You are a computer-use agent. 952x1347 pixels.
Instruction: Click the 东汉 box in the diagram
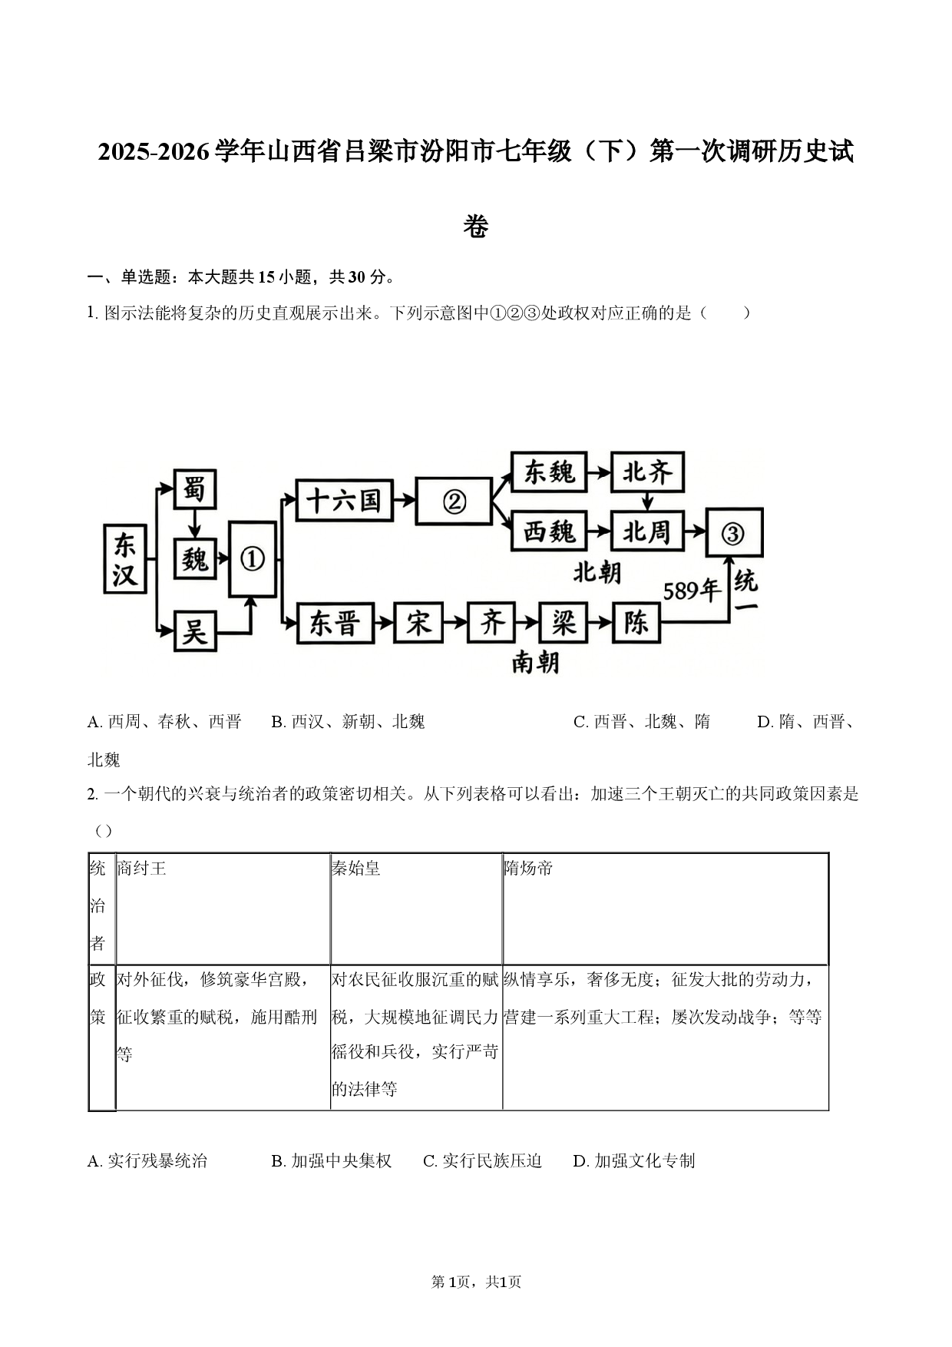(x=125, y=559)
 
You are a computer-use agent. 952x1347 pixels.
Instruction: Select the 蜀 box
(x=194, y=488)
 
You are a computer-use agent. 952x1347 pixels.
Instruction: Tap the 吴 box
(x=194, y=631)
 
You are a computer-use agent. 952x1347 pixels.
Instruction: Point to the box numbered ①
(x=253, y=559)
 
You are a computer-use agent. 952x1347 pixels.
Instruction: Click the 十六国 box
(x=344, y=501)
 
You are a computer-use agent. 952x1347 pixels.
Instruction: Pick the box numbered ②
(x=454, y=501)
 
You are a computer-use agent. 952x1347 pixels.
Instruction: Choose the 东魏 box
(x=549, y=472)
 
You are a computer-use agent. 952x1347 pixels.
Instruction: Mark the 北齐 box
(x=647, y=472)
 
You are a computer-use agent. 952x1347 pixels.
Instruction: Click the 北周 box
(x=647, y=531)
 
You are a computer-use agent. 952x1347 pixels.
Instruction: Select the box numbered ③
(x=734, y=532)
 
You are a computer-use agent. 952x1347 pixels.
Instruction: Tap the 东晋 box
(x=336, y=623)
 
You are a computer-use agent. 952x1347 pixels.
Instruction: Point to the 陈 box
(x=636, y=622)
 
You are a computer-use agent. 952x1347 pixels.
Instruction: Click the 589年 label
(x=692, y=590)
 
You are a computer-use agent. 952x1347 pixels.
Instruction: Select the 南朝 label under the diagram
(x=535, y=662)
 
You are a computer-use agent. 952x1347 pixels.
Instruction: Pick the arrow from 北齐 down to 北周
(x=647, y=501)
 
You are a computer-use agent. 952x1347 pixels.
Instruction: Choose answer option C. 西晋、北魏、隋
(x=642, y=722)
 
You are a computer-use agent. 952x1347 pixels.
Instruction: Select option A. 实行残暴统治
(x=147, y=1160)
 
